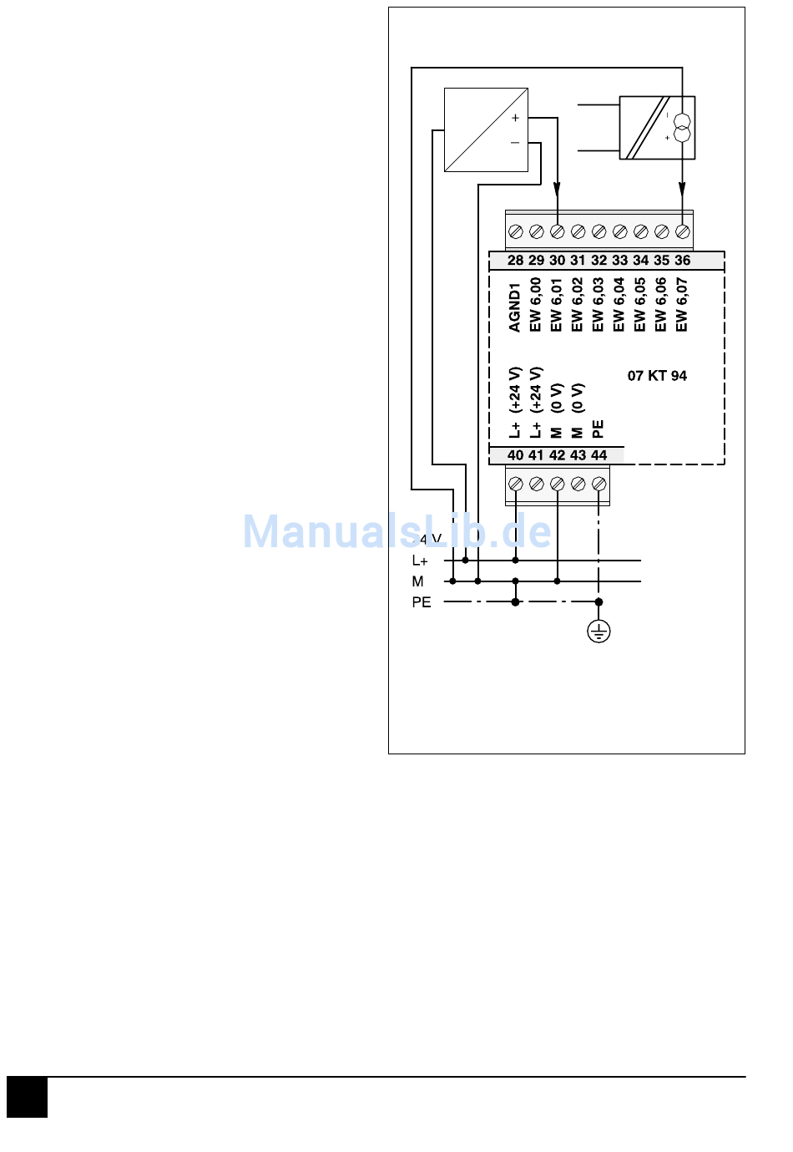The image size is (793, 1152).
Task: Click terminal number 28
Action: pos(515,261)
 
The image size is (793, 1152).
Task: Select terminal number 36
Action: pos(683,261)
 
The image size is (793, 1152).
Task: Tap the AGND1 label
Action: pos(515,307)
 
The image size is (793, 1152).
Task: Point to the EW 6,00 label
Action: pos(536,305)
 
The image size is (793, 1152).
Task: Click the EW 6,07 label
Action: pos(682,305)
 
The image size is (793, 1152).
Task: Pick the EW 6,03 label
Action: pos(599,305)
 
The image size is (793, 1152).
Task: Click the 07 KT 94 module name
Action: pos(657,376)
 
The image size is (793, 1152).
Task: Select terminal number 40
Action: pos(515,455)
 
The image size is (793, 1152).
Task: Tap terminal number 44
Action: pos(599,455)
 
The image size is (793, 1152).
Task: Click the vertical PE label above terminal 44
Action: pos(599,429)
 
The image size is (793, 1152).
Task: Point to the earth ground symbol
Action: pos(599,632)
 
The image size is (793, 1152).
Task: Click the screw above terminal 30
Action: pos(558,231)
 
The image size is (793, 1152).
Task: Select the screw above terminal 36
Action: pos(683,231)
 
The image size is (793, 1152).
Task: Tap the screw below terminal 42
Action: pos(558,484)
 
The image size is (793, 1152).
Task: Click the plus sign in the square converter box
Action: pos(515,118)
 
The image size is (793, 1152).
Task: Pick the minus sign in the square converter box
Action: pos(515,143)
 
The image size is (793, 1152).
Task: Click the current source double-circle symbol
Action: pos(682,128)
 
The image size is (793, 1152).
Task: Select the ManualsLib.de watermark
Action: pos(397,532)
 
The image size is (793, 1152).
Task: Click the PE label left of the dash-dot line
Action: pos(422,602)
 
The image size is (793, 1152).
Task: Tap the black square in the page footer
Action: pos(28,1097)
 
